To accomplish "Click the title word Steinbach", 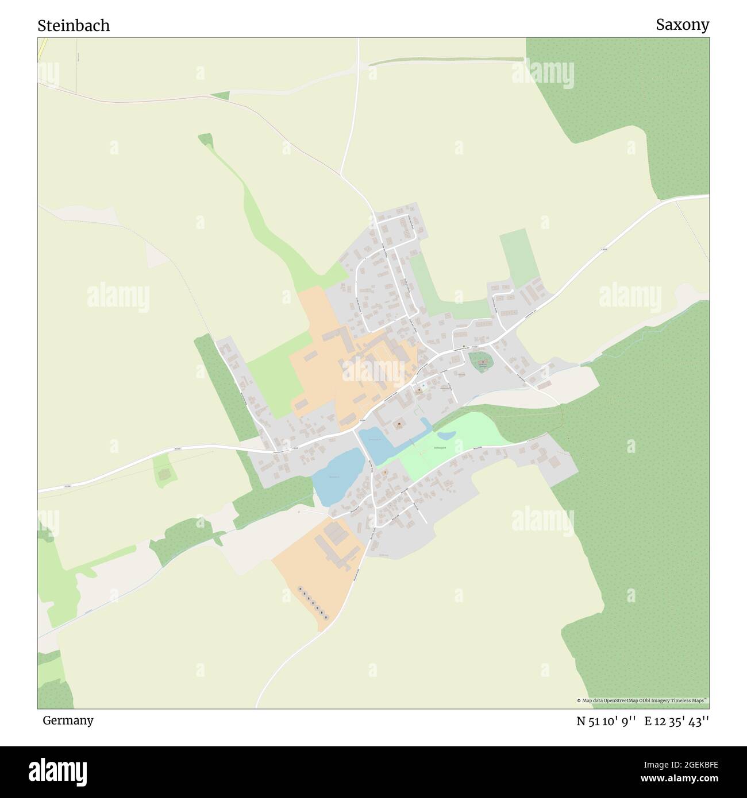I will pos(74,26).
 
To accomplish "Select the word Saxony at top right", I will pos(682,25).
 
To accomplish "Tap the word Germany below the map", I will pos(68,720).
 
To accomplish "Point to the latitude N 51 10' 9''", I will pos(606,722).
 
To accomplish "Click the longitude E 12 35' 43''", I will pos(677,722).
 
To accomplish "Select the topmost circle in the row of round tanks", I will pos(300,588).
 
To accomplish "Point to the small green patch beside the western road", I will pos(164,471).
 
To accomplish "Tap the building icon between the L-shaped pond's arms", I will pos(399,425).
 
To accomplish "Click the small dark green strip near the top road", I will pos(220,95).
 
